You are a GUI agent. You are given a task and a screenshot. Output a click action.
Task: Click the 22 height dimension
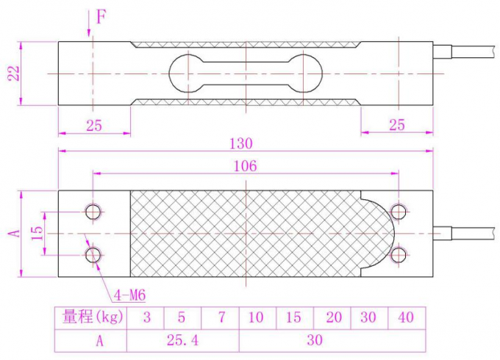pos(12,73)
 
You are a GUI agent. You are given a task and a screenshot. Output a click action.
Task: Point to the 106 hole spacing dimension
pos(245,166)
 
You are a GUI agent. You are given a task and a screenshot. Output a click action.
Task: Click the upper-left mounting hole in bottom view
pos(93,212)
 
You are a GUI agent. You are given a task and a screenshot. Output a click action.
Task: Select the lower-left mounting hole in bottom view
pos(93,254)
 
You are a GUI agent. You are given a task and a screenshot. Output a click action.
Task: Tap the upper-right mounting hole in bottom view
pos(399,212)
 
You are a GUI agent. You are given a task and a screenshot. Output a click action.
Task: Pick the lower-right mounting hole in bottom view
pos(399,254)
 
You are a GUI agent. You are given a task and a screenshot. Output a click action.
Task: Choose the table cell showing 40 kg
pos(406,317)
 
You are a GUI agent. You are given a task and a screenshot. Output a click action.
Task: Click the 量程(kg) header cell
pos(90,317)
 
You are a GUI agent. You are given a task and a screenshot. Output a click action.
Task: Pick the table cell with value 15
pos(294,317)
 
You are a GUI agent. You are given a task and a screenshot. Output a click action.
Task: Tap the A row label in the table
pos(90,340)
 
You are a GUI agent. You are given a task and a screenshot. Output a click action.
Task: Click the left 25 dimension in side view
pos(93,125)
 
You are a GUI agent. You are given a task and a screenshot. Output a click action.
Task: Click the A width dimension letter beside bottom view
pos(12,233)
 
